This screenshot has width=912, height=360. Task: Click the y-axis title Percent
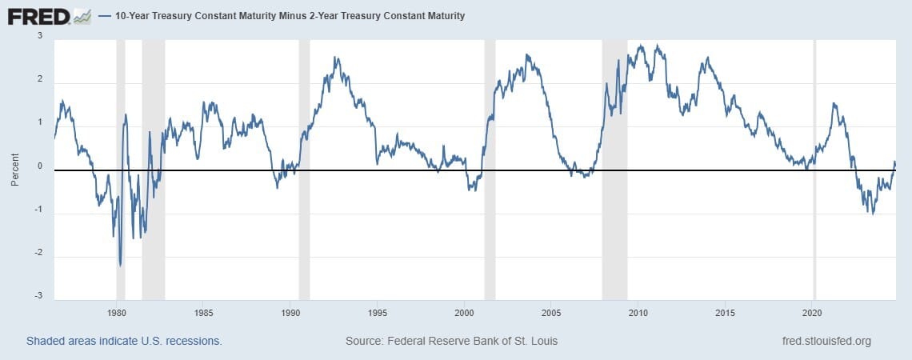pos(15,170)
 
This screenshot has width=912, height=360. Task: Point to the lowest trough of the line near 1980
pos(120,266)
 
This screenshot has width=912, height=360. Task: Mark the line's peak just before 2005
pos(527,55)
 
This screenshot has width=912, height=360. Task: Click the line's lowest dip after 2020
pos(872,214)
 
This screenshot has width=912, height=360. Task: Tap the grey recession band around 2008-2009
pos(614,168)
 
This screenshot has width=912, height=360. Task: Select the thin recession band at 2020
pos(814,168)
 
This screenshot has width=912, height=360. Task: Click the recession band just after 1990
pos(304,168)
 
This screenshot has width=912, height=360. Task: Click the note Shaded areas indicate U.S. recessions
pos(124,341)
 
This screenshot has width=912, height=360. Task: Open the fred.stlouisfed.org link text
pos(826,341)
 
